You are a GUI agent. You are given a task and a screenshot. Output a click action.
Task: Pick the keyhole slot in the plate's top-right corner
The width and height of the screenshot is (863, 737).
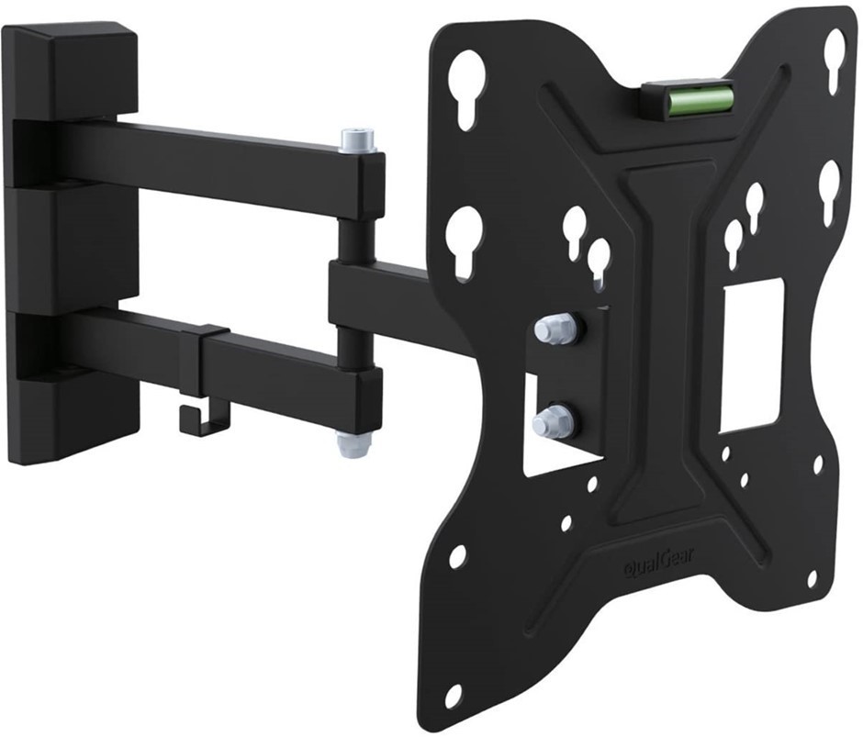pos(834,60)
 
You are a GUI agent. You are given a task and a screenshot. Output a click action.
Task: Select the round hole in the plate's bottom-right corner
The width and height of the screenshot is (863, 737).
pos(812,579)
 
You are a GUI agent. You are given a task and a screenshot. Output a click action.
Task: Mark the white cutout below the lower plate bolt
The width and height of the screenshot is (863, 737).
pos(551,454)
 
